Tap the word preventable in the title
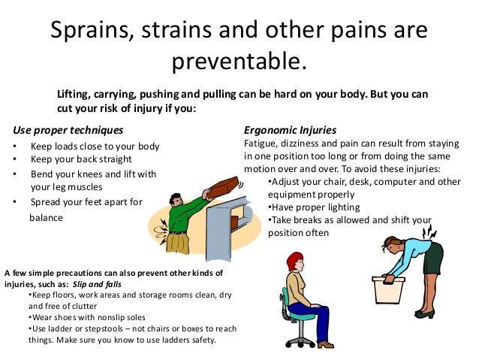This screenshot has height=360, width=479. tap(239, 62)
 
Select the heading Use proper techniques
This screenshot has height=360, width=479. tap(62, 129)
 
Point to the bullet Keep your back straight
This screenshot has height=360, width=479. tap(81, 159)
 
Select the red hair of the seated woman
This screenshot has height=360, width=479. tap(293, 259)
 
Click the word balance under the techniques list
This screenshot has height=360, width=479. tap(47, 218)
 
